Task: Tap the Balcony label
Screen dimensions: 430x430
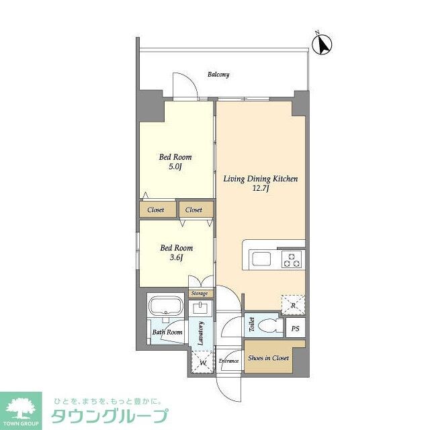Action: point(218,75)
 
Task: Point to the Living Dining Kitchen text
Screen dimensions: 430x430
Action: point(261,179)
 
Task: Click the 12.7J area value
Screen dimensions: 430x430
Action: point(261,190)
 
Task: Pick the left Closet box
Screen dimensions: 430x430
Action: point(156,210)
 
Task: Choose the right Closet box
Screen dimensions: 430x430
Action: point(193,210)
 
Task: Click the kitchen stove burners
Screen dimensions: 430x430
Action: point(292,259)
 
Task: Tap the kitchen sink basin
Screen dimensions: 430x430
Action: point(261,259)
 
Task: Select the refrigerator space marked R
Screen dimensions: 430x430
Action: point(293,304)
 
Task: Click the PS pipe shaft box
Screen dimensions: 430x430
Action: point(295,329)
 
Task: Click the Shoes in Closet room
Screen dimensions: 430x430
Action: point(267,358)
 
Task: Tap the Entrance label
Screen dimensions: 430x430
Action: point(229,361)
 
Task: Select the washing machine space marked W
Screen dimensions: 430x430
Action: point(201,362)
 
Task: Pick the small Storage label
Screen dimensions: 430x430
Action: point(199,294)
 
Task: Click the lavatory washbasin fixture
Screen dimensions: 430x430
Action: point(200,308)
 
